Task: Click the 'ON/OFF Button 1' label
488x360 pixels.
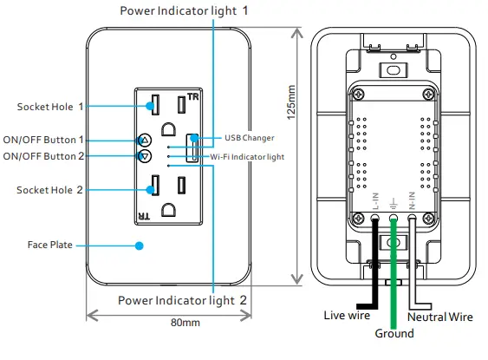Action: tap(43, 140)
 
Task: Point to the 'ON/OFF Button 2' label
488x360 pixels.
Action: tap(43, 156)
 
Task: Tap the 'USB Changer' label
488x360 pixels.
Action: tap(249, 138)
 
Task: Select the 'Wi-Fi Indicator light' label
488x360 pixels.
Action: tap(247, 157)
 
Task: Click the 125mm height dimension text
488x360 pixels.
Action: tap(291, 101)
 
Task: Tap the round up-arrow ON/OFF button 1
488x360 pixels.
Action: tap(145, 140)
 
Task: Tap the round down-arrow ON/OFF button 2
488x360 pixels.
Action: tap(145, 156)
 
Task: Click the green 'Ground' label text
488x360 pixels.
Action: tap(394, 333)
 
